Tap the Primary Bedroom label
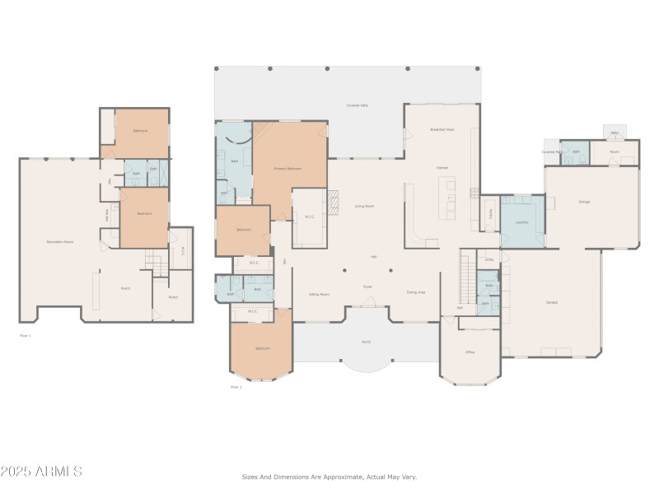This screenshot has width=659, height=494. click(x=288, y=169)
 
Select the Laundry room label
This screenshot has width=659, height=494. click(x=521, y=222)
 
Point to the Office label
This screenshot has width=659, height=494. click(x=470, y=352)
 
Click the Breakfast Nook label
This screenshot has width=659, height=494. click(x=442, y=130)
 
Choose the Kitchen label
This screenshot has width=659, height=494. click(x=442, y=167)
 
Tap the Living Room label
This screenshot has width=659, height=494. click(x=364, y=206)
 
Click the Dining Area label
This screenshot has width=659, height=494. click(x=416, y=292)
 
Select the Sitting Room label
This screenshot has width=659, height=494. click(x=319, y=293)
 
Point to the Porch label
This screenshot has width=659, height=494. click(x=366, y=341)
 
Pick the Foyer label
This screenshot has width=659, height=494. click(x=367, y=287)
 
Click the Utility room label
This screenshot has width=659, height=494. click(x=488, y=259)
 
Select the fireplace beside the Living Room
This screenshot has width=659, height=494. click(x=333, y=201)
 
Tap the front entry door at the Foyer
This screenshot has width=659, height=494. click(x=368, y=303)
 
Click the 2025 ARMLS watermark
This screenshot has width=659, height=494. click(x=41, y=471)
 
